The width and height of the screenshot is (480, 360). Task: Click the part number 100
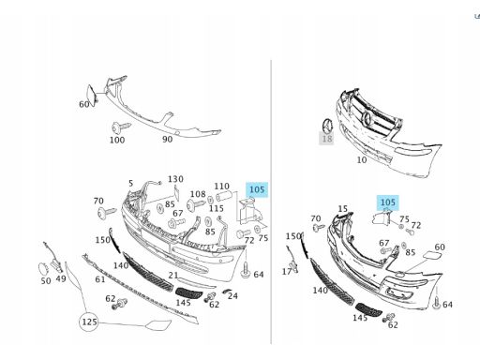click(x=117, y=140)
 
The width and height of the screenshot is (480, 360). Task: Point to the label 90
click(x=168, y=139)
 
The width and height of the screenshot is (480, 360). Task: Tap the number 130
click(x=175, y=179)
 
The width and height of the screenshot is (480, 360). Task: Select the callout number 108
click(x=198, y=194)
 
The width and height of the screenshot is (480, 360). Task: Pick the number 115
click(x=217, y=208)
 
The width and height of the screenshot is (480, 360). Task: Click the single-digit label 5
click(x=130, y=183)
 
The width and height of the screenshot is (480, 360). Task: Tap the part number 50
click(x=46, y=281)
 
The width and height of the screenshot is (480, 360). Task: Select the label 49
click(x=61, y=278)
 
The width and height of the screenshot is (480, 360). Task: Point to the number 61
click(x=100, y=279)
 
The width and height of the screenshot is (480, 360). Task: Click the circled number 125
click(x=89, y=322)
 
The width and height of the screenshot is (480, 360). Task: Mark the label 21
click(x=173, y=276)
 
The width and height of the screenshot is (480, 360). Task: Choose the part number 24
click(x=232, y=295)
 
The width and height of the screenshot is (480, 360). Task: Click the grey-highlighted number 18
click(x=326, y=138)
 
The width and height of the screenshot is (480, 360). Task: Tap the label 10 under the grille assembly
click(x=362, y=159)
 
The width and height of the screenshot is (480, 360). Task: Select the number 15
click(x=343, y=208)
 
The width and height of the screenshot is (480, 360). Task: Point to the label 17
click(x=287, y=272)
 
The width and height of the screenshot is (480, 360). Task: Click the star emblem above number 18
click(x=327, y=125)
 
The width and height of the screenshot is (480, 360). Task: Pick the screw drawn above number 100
click(x=121, y=127)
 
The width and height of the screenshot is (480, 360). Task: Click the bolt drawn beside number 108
click(x=196, y=204)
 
